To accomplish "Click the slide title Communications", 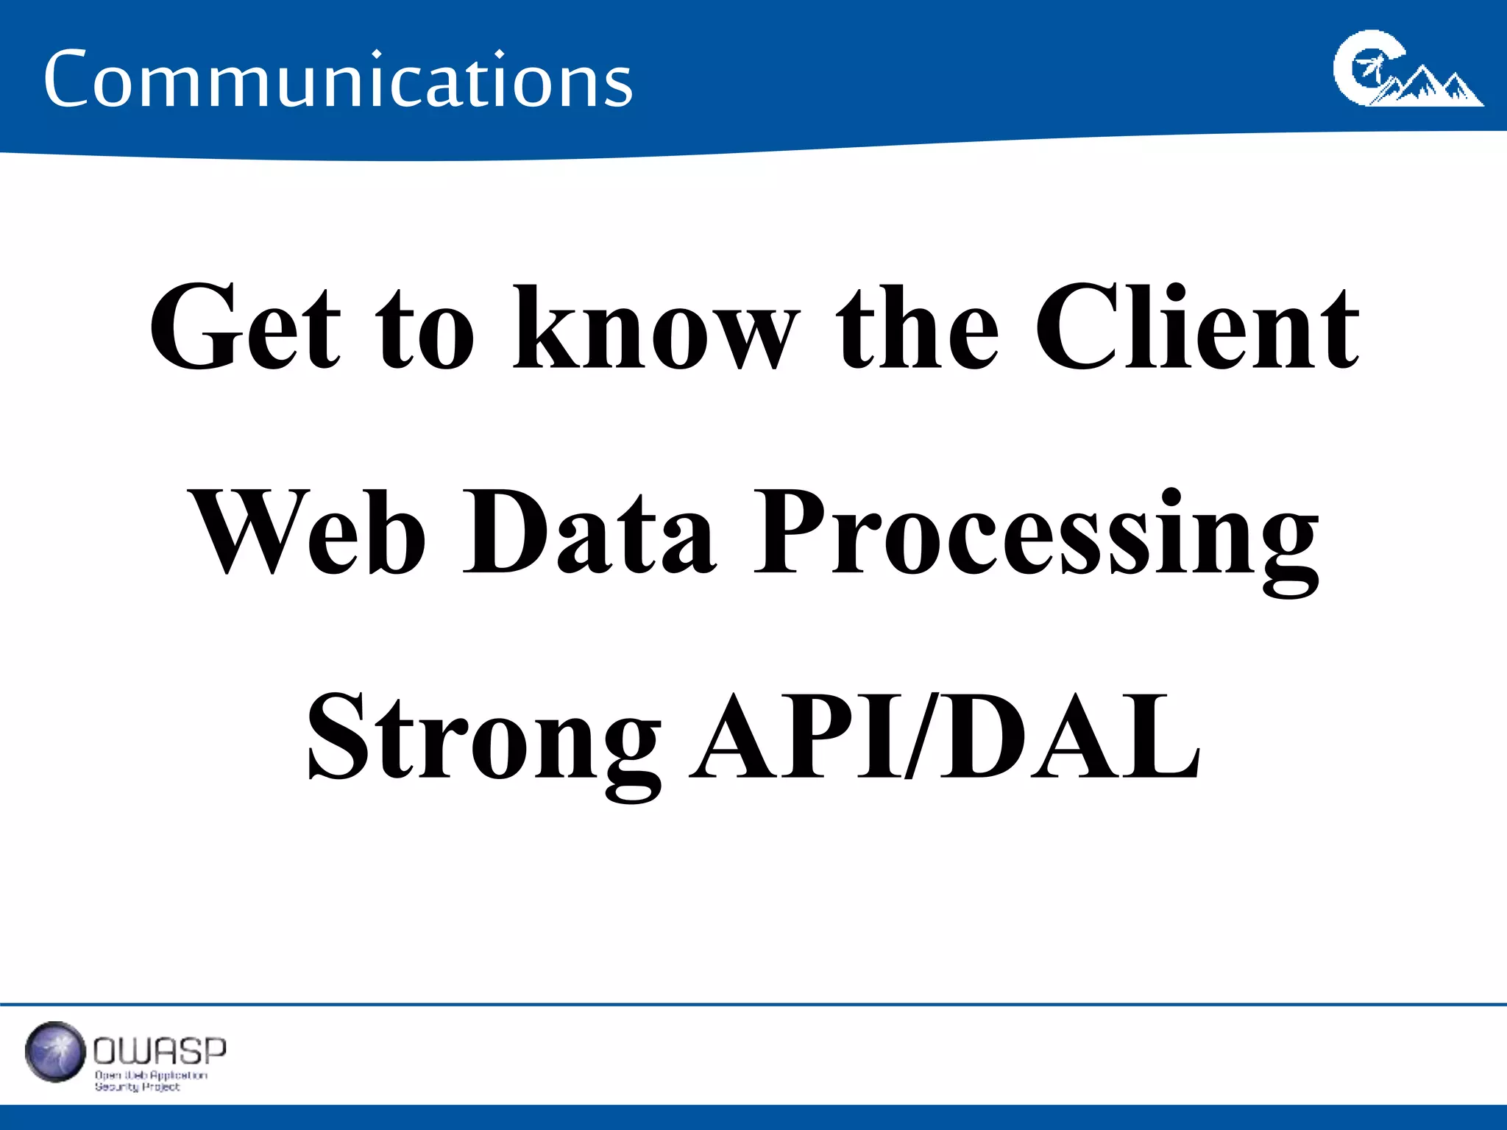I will (x=338, y=79).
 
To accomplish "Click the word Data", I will (x=589, y=531).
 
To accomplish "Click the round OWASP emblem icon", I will (x=55, y=1051).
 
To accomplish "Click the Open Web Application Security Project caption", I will (x=150, y=1081).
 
